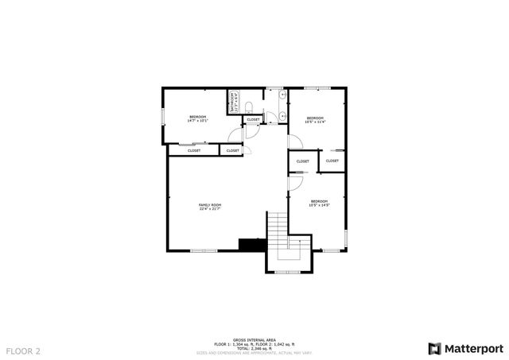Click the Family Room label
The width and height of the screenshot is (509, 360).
coord(210,207)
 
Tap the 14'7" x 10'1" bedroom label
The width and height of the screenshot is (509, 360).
coord(198,119)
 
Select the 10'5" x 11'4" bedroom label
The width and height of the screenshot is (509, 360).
coord(316,120)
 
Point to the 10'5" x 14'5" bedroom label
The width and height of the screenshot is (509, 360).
coord(319,203)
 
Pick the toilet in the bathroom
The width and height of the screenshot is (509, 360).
coord(248,107)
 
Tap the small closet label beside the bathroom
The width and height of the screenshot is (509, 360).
coord(253,120)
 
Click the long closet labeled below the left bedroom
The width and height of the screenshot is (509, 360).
coord(194,150)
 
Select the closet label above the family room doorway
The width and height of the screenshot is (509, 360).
coord(233,150)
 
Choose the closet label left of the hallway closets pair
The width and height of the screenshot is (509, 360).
coord(303,161)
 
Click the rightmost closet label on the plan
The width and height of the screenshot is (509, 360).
coord(332,161)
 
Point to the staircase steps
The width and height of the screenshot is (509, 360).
coord(278,230)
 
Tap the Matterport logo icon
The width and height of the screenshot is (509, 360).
coord(433,348)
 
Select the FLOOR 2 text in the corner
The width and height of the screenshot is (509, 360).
coord(23,350)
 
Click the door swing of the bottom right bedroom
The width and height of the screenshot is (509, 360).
coord(293,183)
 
